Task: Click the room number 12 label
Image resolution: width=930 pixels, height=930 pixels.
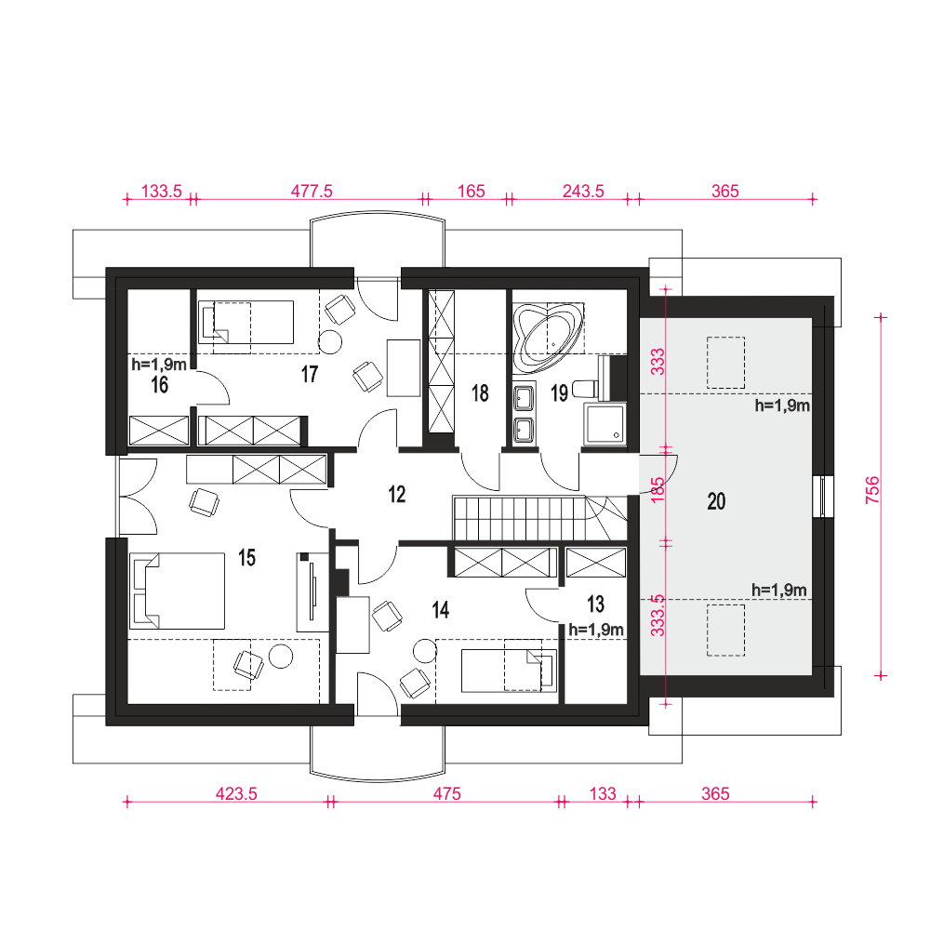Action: click(x=397, y=494)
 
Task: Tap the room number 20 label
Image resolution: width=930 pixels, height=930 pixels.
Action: click(x=716, y=501)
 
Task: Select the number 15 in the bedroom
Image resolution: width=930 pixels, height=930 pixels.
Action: click(x=246, y=557)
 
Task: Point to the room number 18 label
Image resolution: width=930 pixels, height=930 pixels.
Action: click(x=480, y=393)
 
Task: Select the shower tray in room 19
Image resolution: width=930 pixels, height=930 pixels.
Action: click(x=605, y=423)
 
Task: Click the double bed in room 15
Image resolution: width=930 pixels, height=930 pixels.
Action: click(x=178, y=591)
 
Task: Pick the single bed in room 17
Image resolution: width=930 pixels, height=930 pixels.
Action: click(x=246, y=322)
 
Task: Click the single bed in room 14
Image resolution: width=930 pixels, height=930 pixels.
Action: click(x=509, y=671)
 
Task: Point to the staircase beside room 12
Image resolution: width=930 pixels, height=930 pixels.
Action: click(x=539, y=518)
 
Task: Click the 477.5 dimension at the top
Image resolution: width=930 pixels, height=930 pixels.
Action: click(x=312, y=191)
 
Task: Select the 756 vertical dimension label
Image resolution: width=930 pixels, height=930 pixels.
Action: click(x=872, y=490)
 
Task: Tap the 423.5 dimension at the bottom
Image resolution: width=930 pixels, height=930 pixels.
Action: click(x=236, y=793)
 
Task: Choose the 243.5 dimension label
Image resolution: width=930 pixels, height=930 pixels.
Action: click(x=583, y=191)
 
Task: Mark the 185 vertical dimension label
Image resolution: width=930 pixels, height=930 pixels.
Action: click(x=658, y=490)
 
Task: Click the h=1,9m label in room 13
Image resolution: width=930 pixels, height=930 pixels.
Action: click(x=596, y=630)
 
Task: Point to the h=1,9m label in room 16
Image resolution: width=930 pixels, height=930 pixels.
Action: click(x=159, y=364)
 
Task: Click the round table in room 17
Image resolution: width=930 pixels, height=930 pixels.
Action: click(x=330, y=341)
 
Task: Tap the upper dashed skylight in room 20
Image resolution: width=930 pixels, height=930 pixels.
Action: click(x=725, y=363)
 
